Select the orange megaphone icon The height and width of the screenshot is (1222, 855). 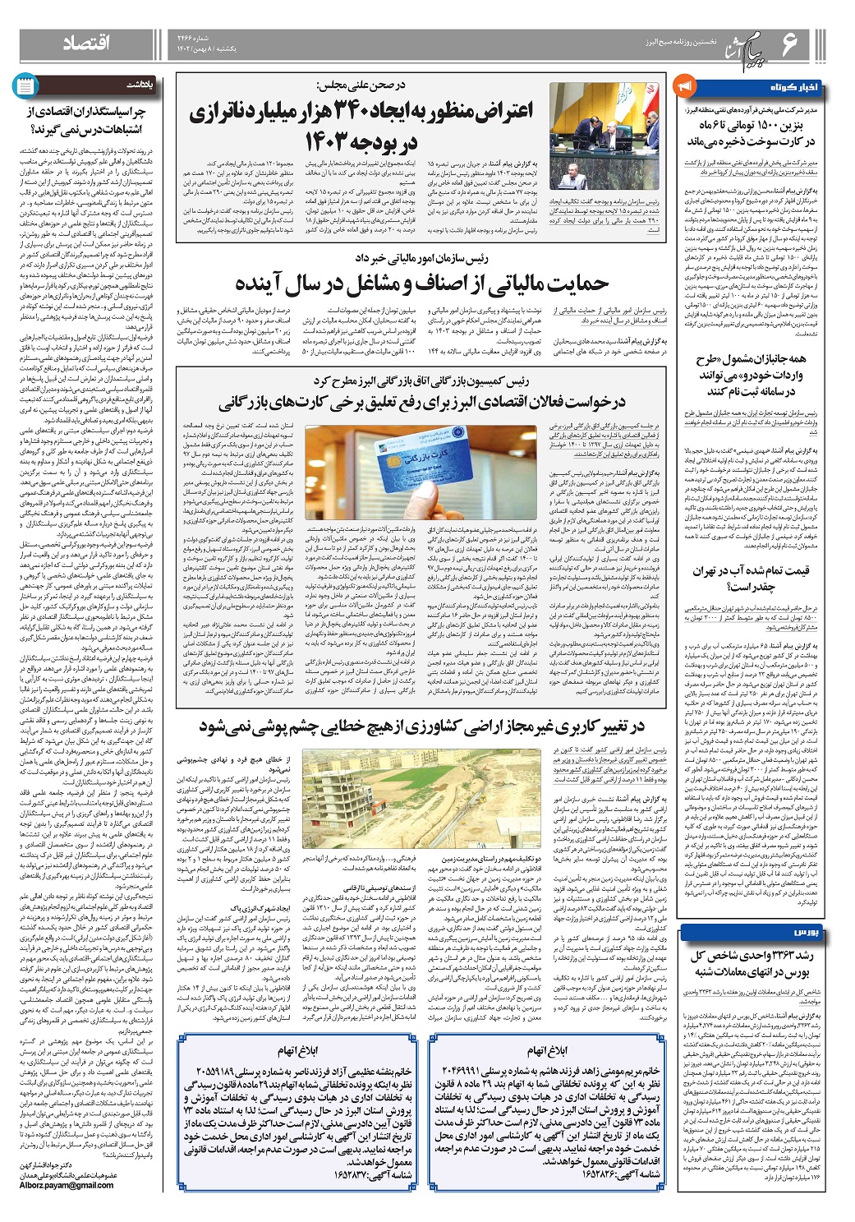(683, 85)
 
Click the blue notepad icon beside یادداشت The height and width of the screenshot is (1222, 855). (25, 85)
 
